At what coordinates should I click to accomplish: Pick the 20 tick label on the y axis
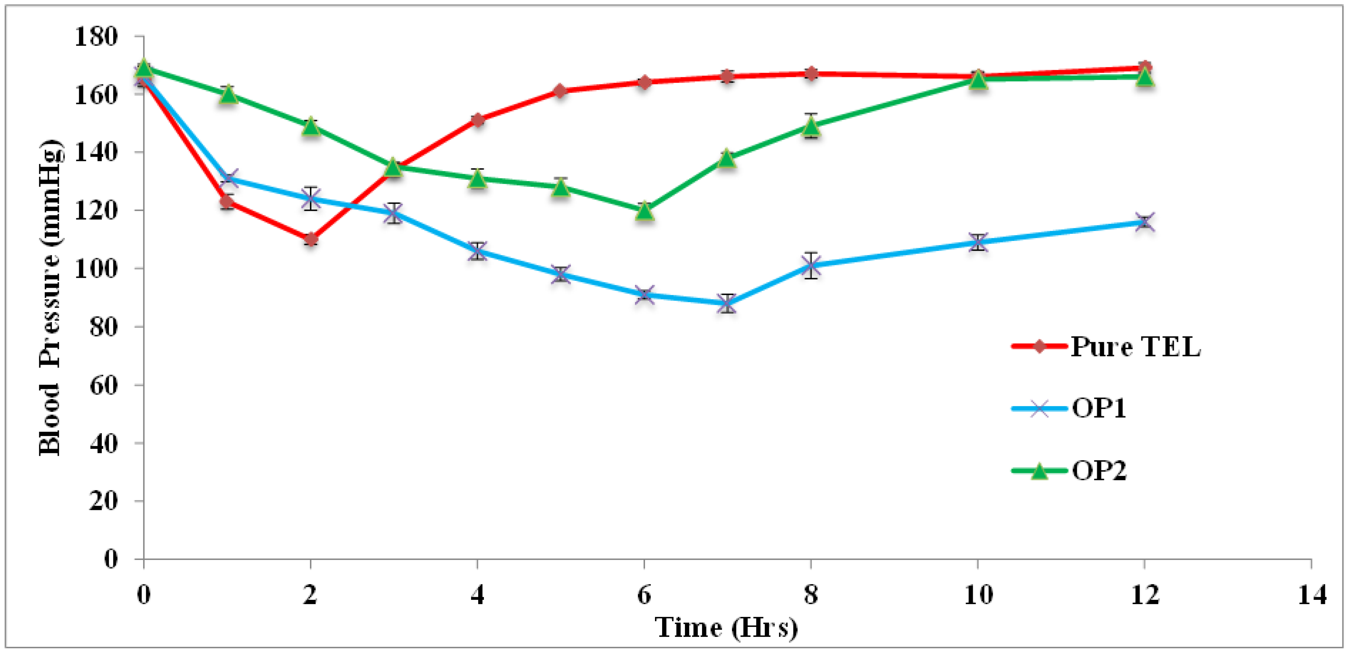[x=103, y=501]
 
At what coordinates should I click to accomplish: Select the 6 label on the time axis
[x=644, y=595]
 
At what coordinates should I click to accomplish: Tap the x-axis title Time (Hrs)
[x=726, y=627]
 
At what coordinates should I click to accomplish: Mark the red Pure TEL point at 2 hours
[x=311, y=240]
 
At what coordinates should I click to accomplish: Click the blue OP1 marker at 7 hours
[x=727, y=303]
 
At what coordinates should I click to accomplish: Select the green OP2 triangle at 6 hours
[x=645, y=211]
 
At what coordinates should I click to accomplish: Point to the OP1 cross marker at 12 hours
[x=1145, y=222]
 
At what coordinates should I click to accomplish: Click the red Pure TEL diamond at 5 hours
[x=561, y=91]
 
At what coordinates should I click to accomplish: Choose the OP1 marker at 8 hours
[x=811, y=265]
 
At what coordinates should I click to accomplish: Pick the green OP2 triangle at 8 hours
[x=811, y=126]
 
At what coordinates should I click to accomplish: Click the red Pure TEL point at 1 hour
[x=227, y=202]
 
